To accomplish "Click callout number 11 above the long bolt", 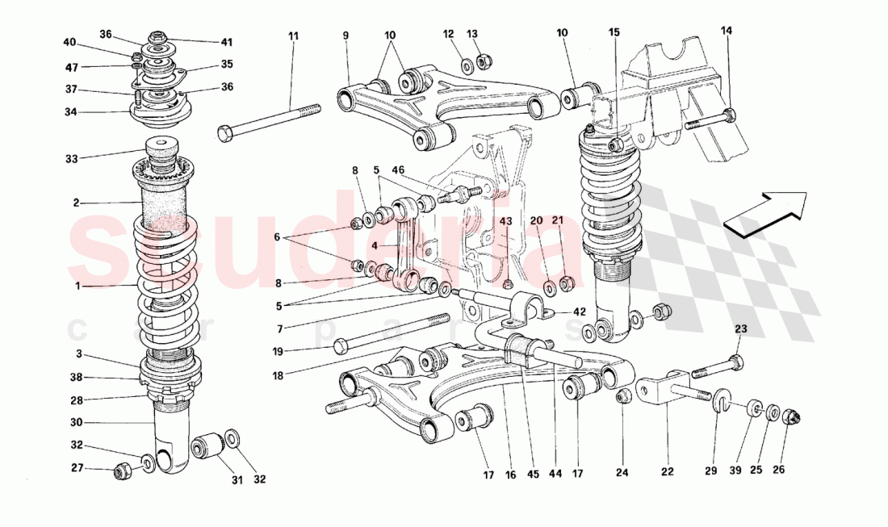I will pyautogui.click(x=292, y=36).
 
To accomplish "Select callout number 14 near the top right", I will pyautogui.click(x=727, y=31).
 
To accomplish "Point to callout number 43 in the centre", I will pyautogui.click(x=506, y=221).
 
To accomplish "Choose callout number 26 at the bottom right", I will pyautogui.click(x=778, y=469).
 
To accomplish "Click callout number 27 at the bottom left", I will pyautogui.click(x=76, y=467).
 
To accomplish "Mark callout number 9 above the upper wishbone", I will pyautogui.click(x=346, y=36).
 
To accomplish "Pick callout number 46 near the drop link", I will pyautogui.click(x=399, y=171).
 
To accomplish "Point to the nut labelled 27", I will pyautogui.click(x=124, y=469).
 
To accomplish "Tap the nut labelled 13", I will pyautogui.click(x=486, y=61).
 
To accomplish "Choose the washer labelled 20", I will pyautogui.click(x=549, y=286).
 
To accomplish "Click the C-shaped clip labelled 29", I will pyautogui.click(x=722, y=398).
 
